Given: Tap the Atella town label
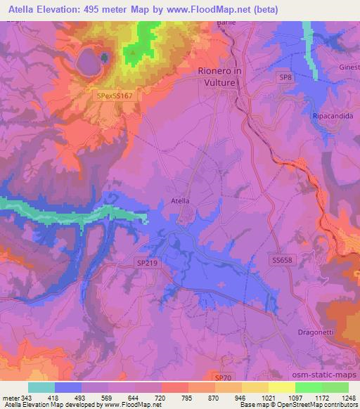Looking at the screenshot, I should point(181,200).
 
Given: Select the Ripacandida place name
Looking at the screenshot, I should point(332,116).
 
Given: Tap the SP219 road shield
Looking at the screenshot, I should point(145,261).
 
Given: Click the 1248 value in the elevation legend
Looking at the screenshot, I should point(348,398).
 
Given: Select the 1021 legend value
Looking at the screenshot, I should point(268,398).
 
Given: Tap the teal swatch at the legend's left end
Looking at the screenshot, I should point(41,387).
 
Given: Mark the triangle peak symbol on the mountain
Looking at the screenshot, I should point(131,51).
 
